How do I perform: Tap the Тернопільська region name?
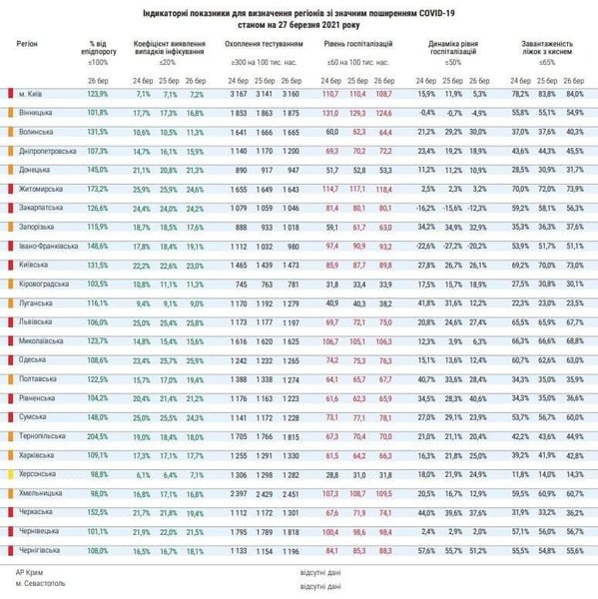click(x=46, y=436)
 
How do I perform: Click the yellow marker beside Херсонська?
click(x=10, y=473)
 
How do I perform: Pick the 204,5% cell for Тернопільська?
click(x=96, y=436)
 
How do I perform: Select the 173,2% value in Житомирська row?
click(x=96, y=188)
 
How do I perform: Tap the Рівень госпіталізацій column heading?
click(x=357, y=44)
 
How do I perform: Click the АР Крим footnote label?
click(x=31, y=573)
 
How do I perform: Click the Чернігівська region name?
click(x=44, y=550)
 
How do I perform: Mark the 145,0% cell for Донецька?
click(x=96, y=169)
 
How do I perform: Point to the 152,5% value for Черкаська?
click(x=96, y=512)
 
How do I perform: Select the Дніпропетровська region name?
click(x=52, y=150)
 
